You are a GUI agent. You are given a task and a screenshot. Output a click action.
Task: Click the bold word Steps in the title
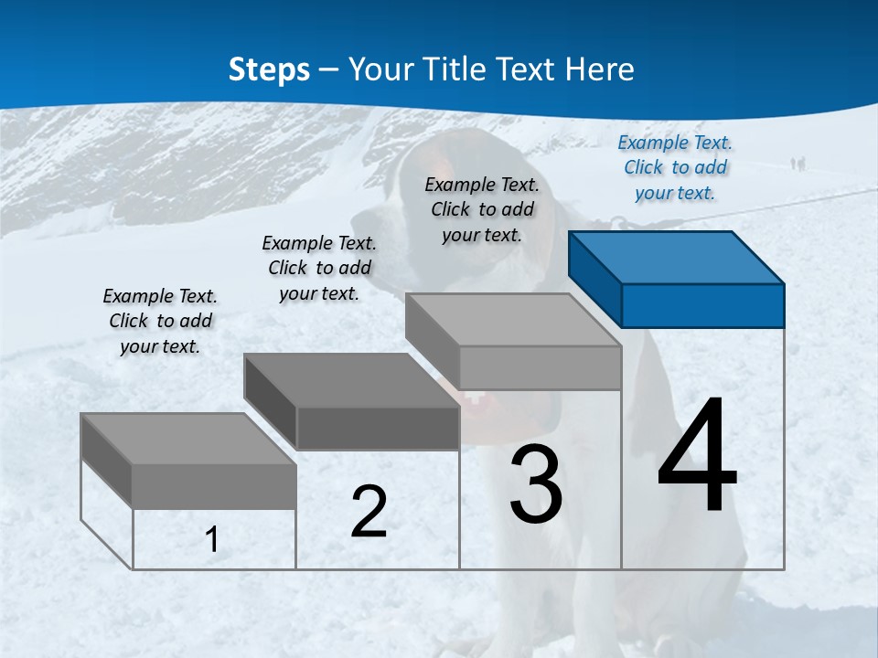click(269, 69)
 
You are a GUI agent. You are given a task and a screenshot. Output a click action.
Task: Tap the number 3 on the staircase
click(536, 484)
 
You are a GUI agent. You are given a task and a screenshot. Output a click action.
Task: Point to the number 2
click(369, 512)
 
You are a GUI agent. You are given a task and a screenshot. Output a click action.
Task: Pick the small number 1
click(212, 539)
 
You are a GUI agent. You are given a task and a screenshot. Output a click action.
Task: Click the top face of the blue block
click(675, 258)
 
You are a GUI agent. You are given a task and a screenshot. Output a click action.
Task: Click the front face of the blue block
click(702, 305)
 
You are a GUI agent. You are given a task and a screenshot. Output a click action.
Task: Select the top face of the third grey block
click(512, 320)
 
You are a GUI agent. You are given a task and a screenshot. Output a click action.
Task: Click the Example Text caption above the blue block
click(675, 167)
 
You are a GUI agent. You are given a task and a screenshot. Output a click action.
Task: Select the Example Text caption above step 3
click(482, 209)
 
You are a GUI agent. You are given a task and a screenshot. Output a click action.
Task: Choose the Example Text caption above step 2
click(319, 268)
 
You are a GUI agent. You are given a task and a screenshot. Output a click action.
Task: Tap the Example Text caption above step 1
click(160, 321)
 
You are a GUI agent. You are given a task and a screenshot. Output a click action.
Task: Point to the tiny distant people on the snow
click(798, 164)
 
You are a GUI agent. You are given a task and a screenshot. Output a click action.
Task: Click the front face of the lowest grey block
click(214, 486)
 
